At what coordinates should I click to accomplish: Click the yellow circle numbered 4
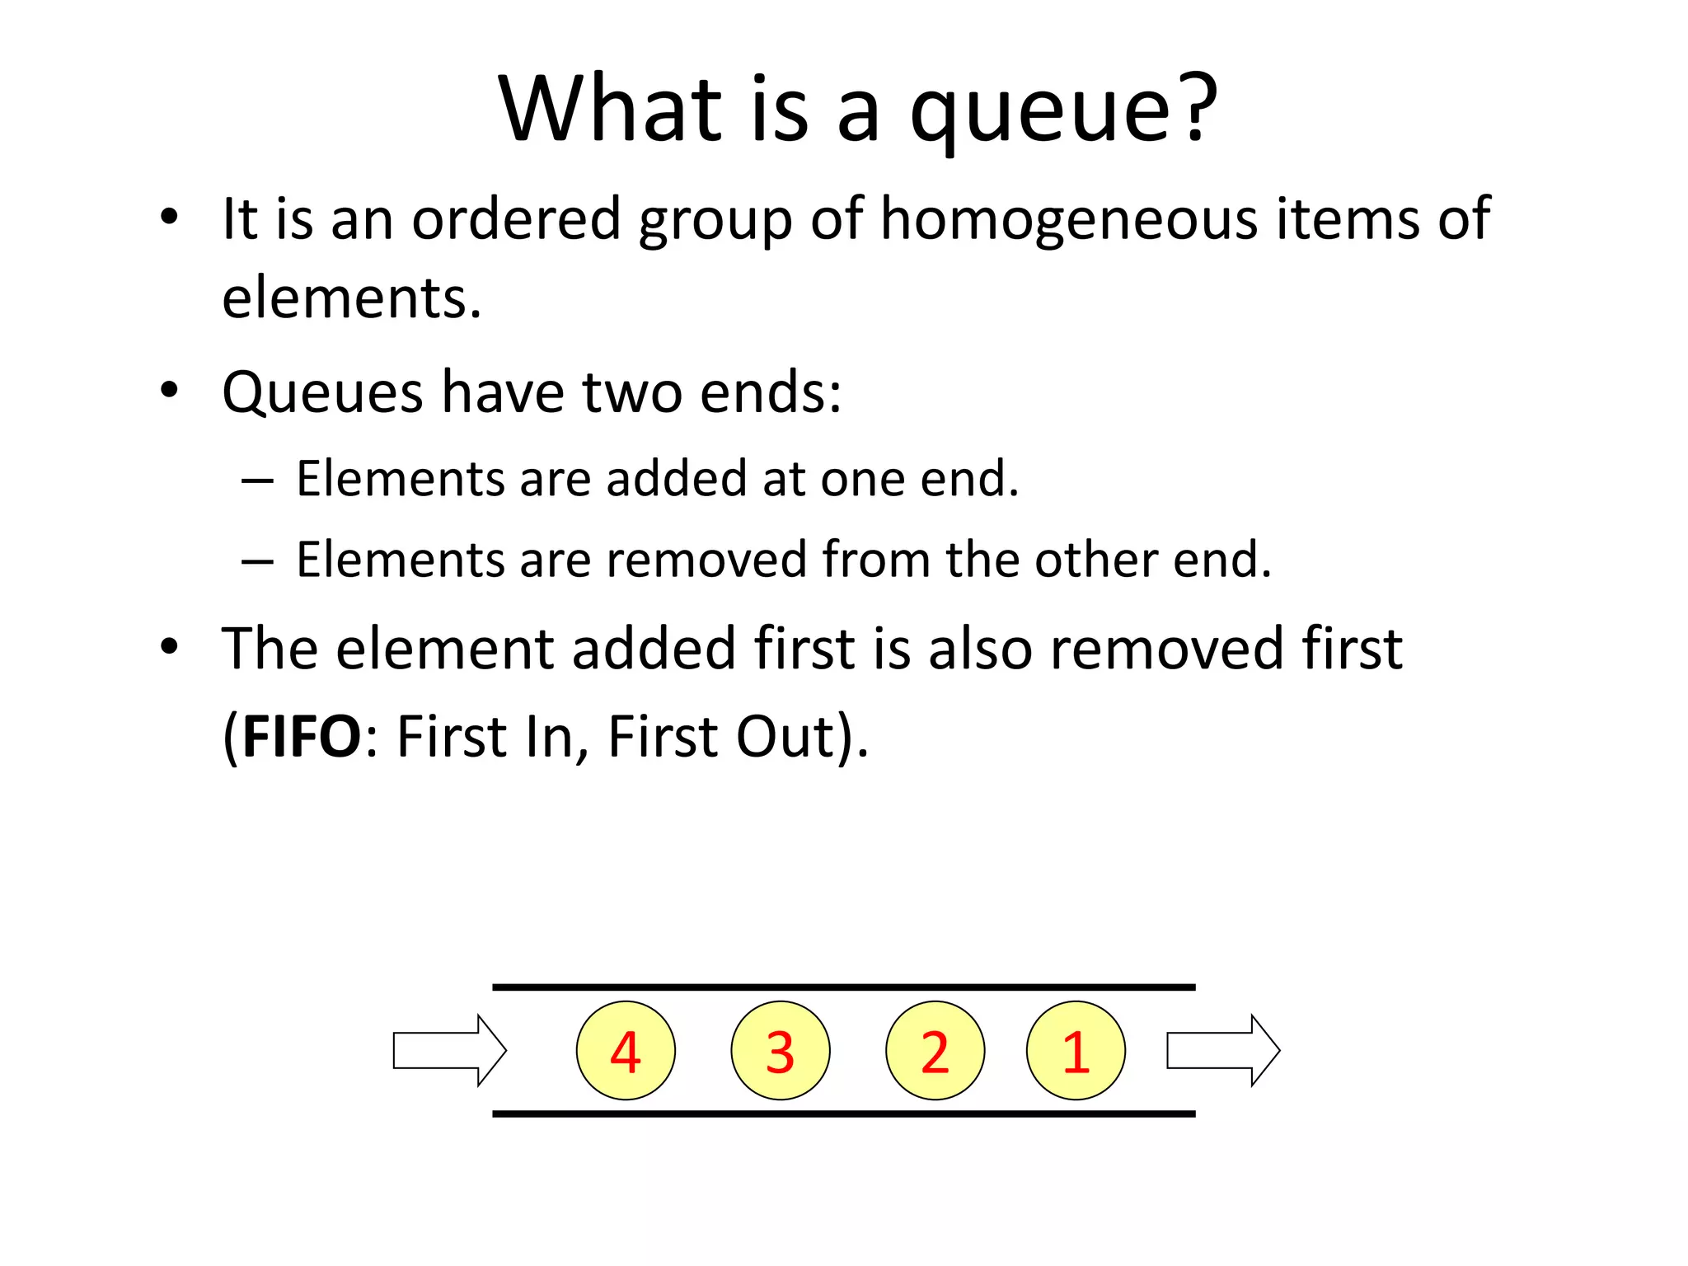pos(626,1050)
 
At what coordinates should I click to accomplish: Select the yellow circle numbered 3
pos(780,1050)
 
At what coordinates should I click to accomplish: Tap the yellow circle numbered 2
pos(935,1050)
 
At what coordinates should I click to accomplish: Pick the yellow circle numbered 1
pos(1076,1050)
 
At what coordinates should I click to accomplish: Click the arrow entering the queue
pos(449,1050)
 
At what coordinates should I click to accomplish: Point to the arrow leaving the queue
pos(1223,1050)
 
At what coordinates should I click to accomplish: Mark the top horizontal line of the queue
pos(843,987)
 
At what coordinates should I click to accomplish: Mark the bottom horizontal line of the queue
pos(843,1114)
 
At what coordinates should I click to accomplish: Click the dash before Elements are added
pos(257,481)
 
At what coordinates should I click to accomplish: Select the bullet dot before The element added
pos(169,647)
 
